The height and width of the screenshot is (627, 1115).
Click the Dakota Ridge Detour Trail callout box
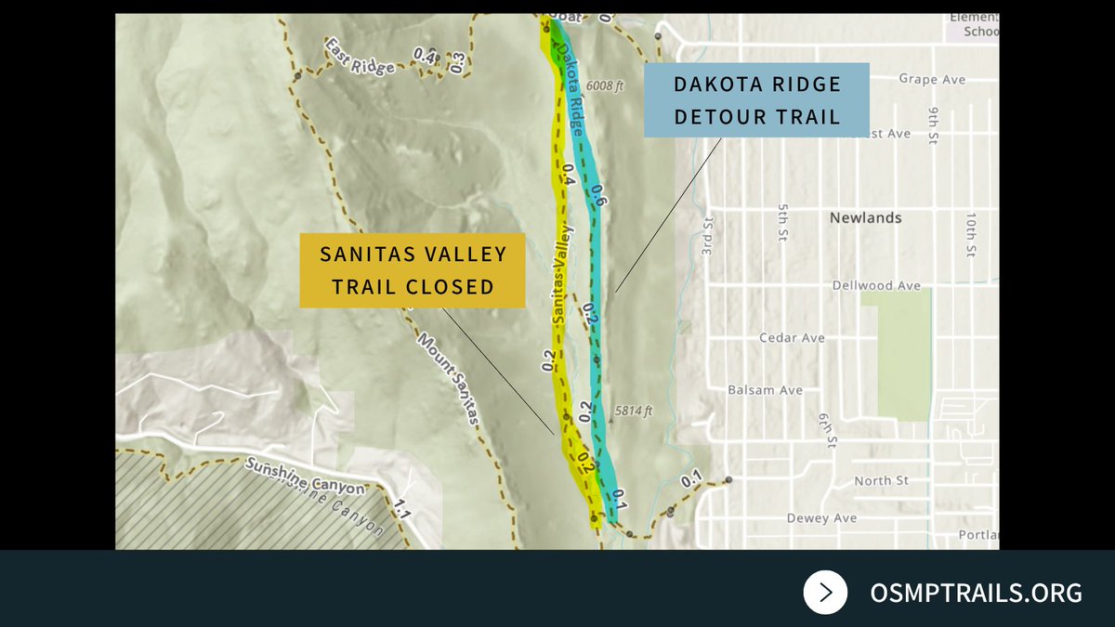pos(756,100)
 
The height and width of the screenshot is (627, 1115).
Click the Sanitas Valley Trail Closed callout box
pos(413,270)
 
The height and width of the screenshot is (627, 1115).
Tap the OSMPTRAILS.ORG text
pos(976,593)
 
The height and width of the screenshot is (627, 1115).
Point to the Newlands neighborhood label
pos(865,217)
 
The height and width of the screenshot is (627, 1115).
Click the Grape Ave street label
pos(932,80)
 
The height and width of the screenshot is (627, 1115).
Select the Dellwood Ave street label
pos(876,285)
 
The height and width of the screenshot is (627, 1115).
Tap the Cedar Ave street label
pos(792,338)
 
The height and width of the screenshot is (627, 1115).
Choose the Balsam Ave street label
pos(765,390)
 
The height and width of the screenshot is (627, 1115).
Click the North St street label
pos(881,481)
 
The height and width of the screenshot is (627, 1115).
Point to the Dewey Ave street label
pos(820,518)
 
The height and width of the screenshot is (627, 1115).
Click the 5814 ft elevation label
pos(634,410)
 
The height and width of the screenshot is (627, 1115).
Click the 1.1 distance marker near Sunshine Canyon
pos(402,509)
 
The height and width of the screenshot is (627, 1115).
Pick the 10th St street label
pos(970,234)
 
